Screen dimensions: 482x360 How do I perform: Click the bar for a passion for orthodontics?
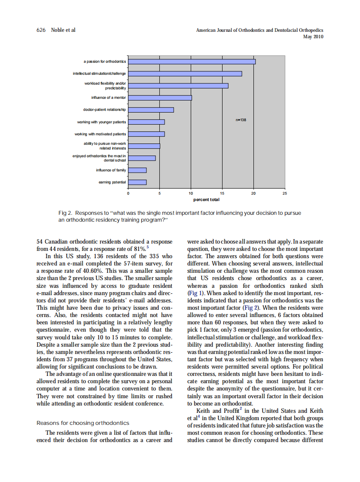[192, 61]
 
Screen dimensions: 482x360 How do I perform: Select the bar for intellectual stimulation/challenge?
[185, 73]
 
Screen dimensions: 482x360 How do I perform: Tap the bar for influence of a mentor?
[160, 98]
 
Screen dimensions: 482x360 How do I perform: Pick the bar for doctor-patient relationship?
[151, 110]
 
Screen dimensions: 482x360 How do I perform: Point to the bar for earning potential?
[137, 182]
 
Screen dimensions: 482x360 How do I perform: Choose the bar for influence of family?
[137, 170]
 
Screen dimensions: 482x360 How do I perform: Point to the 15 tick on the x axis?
[222, 194]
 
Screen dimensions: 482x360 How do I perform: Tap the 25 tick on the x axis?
[284, 194]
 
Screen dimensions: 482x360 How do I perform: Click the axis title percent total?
[206, 199]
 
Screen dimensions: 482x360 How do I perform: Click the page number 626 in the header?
[41, 30]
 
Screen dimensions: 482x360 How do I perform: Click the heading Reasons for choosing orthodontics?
[83, 423]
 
